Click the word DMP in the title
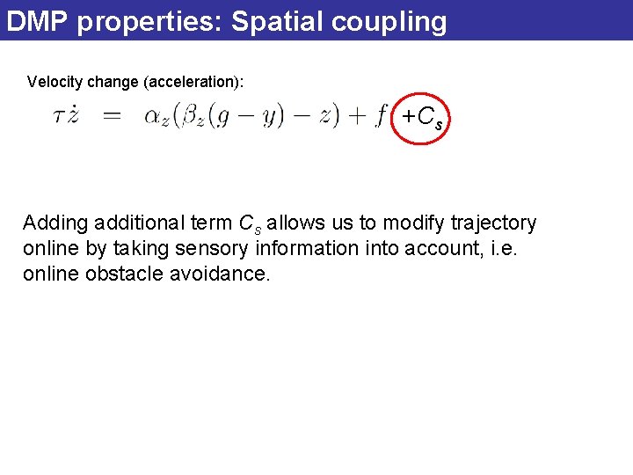coord(37,21)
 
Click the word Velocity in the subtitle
coord(55,82)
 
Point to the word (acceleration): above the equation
coord(193,83)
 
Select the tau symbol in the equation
coord(60,118)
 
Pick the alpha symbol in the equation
coord(153,118)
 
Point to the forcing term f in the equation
coord(380,117)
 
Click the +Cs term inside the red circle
coord(422,117)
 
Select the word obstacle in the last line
coord(123,274)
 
